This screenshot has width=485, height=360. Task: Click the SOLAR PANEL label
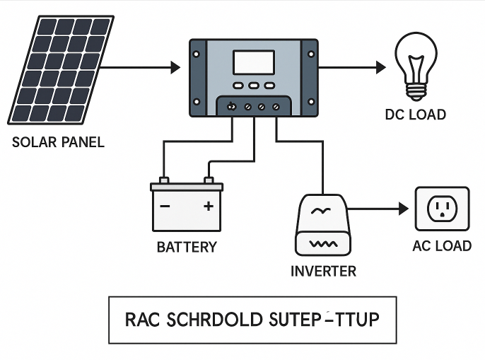pyautogui.click(x=58, y=141)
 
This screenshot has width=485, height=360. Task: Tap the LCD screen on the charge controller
pyautogui.click(x=254, y=62)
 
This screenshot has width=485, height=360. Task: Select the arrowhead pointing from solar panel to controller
pyautogui.click(x=176, y=68)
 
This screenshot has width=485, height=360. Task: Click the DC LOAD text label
pyautogui.click(x=416, y=115)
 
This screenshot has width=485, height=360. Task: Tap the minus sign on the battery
pyautogui.click(x=165, y=207)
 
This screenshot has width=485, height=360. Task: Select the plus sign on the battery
pyautogui.click(x=208, y=207)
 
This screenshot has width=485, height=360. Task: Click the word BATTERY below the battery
pyautogui.click(x=187, y=247)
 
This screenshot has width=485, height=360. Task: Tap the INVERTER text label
pyautogui.click(x=324, y=271)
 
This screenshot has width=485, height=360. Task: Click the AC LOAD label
pyautogui.click(x=442, y=246)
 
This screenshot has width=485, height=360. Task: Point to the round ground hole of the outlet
pyautogui.click(x=443, y=216)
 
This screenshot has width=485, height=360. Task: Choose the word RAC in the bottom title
pyautogui.click(x=144, y=319)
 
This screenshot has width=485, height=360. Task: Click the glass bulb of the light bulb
pyautogui.click(x=416, y=61)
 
